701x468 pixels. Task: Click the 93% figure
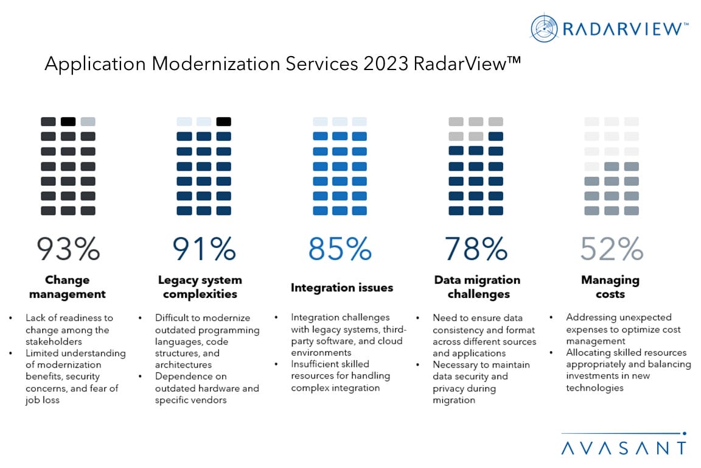pos(68,248)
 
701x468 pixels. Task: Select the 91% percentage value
pos(204,248)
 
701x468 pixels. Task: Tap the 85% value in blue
pos(340,248)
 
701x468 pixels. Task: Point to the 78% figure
pos(476,248)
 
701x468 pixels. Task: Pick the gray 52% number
pos(611,248)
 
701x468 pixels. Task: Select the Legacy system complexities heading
pos(200,287)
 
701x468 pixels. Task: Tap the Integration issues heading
pos(341,288)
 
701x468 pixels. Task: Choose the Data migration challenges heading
pos(477,287)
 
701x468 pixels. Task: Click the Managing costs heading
pos(610,287)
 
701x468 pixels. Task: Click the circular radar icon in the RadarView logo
pos(544,29)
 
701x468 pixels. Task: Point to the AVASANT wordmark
pos(623,448)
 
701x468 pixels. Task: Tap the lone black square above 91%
pos(224,121)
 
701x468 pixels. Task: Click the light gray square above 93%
pos(88,121)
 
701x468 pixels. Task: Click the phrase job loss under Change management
pos(42,400)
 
